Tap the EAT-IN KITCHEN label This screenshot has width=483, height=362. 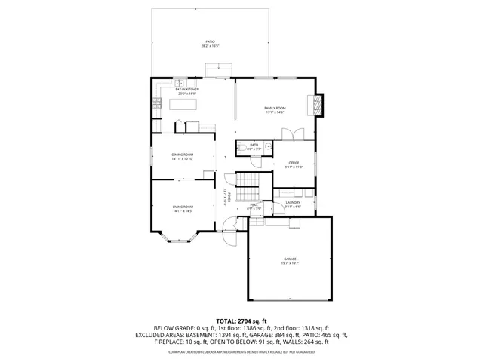pyautogui.click(x=187, y=91)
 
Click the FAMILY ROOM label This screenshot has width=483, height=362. pyautogui.click(x=274, y=110)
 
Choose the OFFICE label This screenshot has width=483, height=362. pyautogui.click(x=293, y=164)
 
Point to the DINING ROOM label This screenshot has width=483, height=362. pyautogui.click(x=183, y=156)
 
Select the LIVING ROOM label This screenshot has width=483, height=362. pyautogui.click(x=183, y=208)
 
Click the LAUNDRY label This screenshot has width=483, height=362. pyautogui.click(x=293, y=204)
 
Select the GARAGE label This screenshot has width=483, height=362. pyautogui.click(x=291, y=260)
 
